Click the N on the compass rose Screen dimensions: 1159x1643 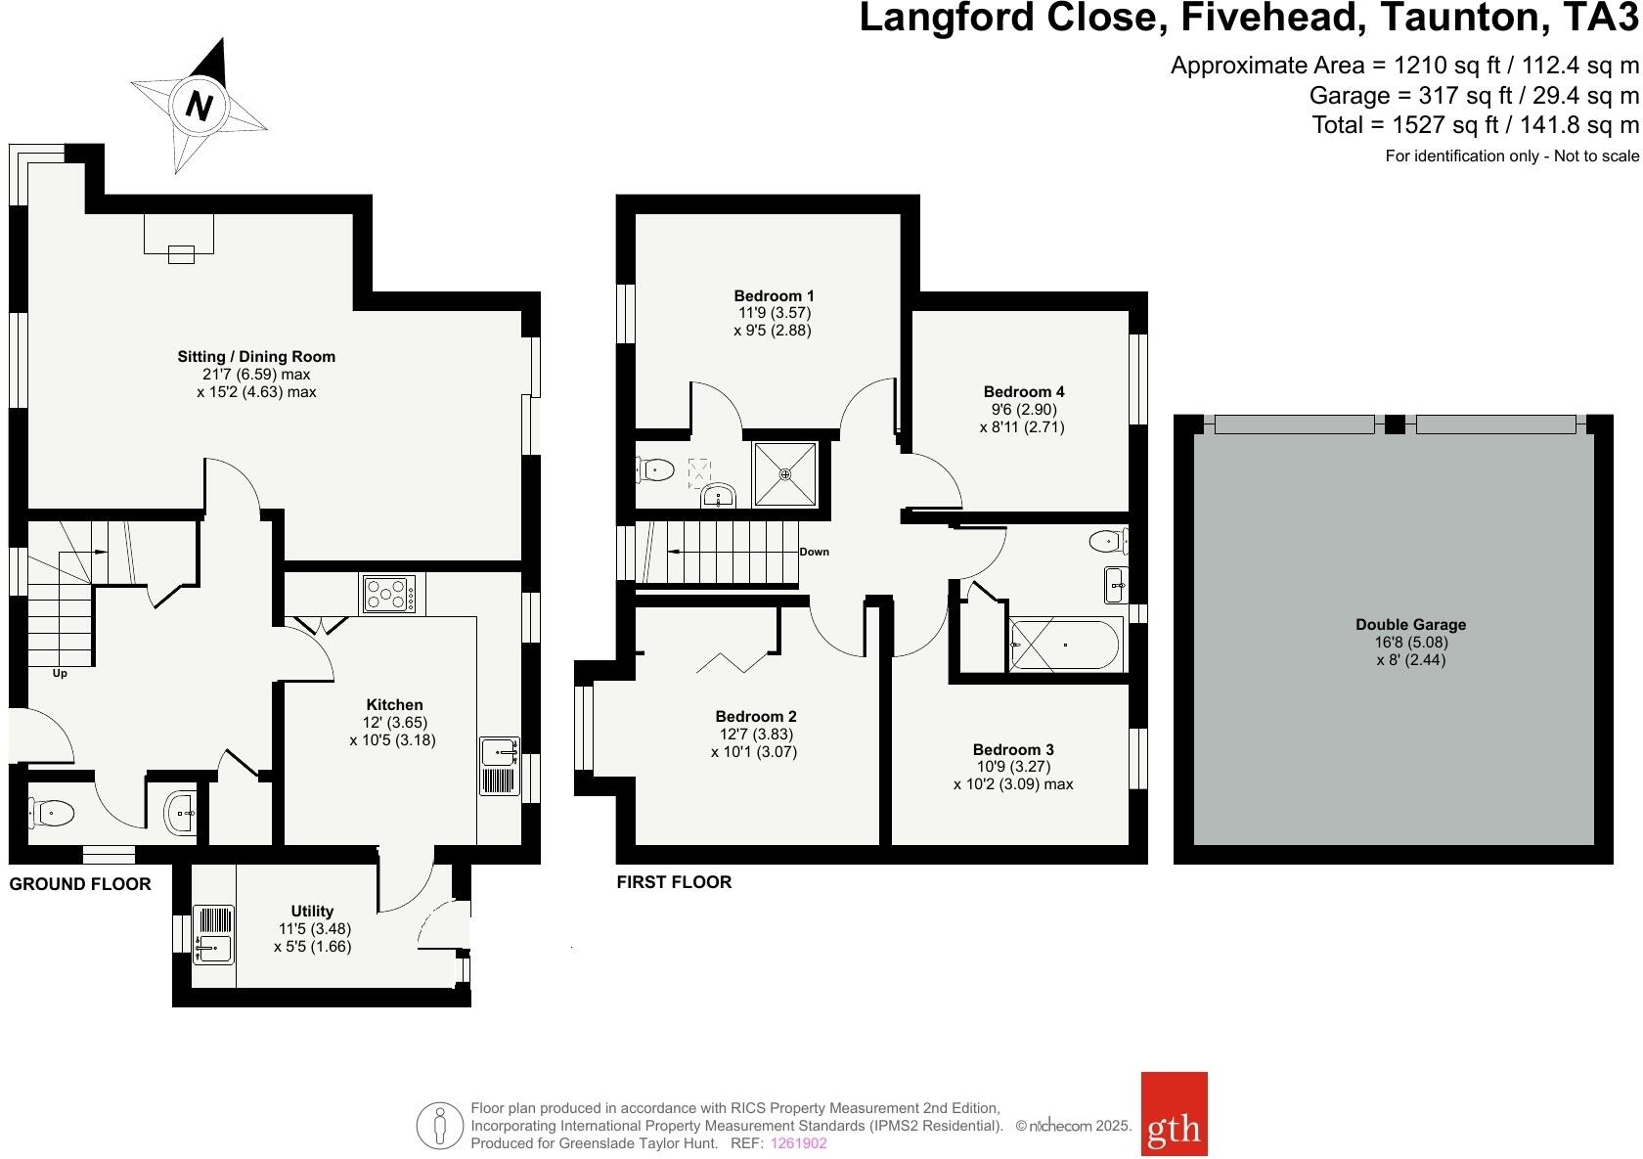pyautogui.click(x=199, y=105)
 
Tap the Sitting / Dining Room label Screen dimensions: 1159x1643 pyautogui.click(x=256, y=357)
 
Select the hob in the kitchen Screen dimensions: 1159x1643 pyautogui.click(x=389, y=594)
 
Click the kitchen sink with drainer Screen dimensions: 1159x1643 pyautogui.click(x=500, y=766)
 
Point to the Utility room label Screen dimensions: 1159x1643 pyautogui.click(x=312, y=911)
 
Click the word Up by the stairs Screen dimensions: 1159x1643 pyautogui.click(x=60, y=673)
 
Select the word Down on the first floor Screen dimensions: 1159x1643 pyautogui.click(x=814, y=552)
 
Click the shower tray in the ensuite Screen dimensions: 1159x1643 pyautogui.click(x=785, y=474)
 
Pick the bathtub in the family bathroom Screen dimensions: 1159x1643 pyautogui.click(x=1065, y=646)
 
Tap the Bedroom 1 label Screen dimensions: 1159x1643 pyautogui.click(x=774, y=295)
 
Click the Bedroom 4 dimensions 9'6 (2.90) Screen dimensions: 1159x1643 pyautogui.click(x=1021, y=410)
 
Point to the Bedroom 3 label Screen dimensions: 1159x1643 pyautogui.click(x=1013, y=750)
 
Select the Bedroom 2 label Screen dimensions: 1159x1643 pyautogui.click(x=755, y=717)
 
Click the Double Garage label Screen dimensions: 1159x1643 pyautogui.click(x=1410, y=624)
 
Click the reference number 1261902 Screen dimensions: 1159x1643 pyautogui.click(x=799, y=1143)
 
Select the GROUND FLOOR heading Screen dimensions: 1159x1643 pyautogui.click(x=80, y=884)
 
